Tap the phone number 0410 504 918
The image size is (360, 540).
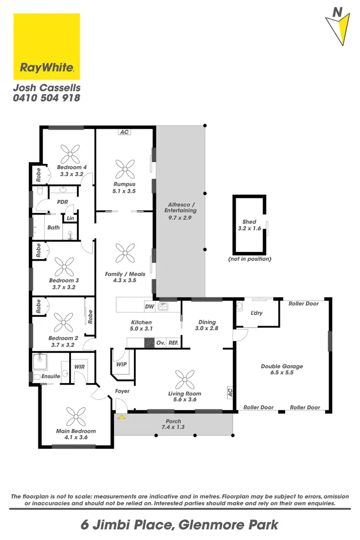click(46, 97)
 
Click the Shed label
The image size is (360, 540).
click(249, 222)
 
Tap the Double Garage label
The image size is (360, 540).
click(282, 366)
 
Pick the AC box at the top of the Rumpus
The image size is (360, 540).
click(125, 132)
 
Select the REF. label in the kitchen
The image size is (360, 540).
click(173, 343)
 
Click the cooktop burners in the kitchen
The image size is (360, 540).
click(149, 343)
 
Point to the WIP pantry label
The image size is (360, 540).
click(121, 364)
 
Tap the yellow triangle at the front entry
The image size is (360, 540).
click(121, 417)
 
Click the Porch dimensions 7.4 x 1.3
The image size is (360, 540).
click(173, 427)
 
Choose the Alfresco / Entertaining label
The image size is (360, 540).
click(180, 207)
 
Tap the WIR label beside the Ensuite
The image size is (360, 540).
click(80, 367)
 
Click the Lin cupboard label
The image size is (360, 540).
click(71, 218)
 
